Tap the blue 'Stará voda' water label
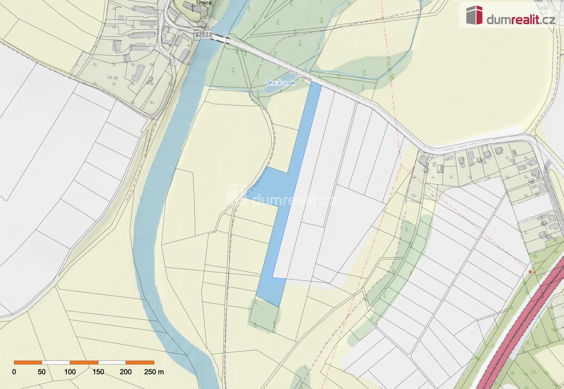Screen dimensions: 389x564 pos(281,83)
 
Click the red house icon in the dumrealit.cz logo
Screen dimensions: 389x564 pos(474,15)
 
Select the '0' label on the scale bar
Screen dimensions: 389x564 pos(14,372)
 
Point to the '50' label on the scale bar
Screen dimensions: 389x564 pos(42,372)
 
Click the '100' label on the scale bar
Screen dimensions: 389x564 pos(70,372)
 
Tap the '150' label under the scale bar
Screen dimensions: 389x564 pos(98,372)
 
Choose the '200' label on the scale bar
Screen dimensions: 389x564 pos(126,372)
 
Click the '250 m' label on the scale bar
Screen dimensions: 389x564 pos(154,372)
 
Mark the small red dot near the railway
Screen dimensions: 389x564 pos(530,272)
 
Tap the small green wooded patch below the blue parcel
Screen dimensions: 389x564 pos(264,315)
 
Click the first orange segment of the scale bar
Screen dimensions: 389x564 pos(28,362)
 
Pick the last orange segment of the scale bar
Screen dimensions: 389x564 pos(140,362)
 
